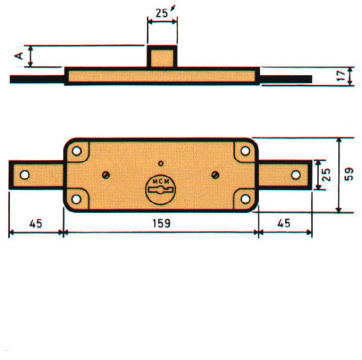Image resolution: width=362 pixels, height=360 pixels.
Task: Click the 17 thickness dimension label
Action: pyautogui.click(x=342, y=76)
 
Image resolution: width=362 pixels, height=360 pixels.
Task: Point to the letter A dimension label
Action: pyautogui.click(x=19, y=56)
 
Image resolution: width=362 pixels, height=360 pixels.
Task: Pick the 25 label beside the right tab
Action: pyautogui.click(x=325, y=175)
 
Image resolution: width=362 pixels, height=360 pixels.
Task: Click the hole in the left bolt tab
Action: pyautogui.click(x=24, y=175)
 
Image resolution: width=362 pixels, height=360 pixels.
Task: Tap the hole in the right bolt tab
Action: pyautogui.click(x=296, y=175)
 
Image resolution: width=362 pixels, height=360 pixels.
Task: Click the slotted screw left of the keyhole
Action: pyautogui.click(x=106, y=175)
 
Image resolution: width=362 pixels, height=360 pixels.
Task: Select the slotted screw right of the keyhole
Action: pyautogui.click(x=215, y=175)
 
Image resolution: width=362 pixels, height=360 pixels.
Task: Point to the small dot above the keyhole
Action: pyautogui.click(x=160, y=163)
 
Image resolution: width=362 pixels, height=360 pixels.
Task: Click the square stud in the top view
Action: pyautogui.click(x=162, y=57)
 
